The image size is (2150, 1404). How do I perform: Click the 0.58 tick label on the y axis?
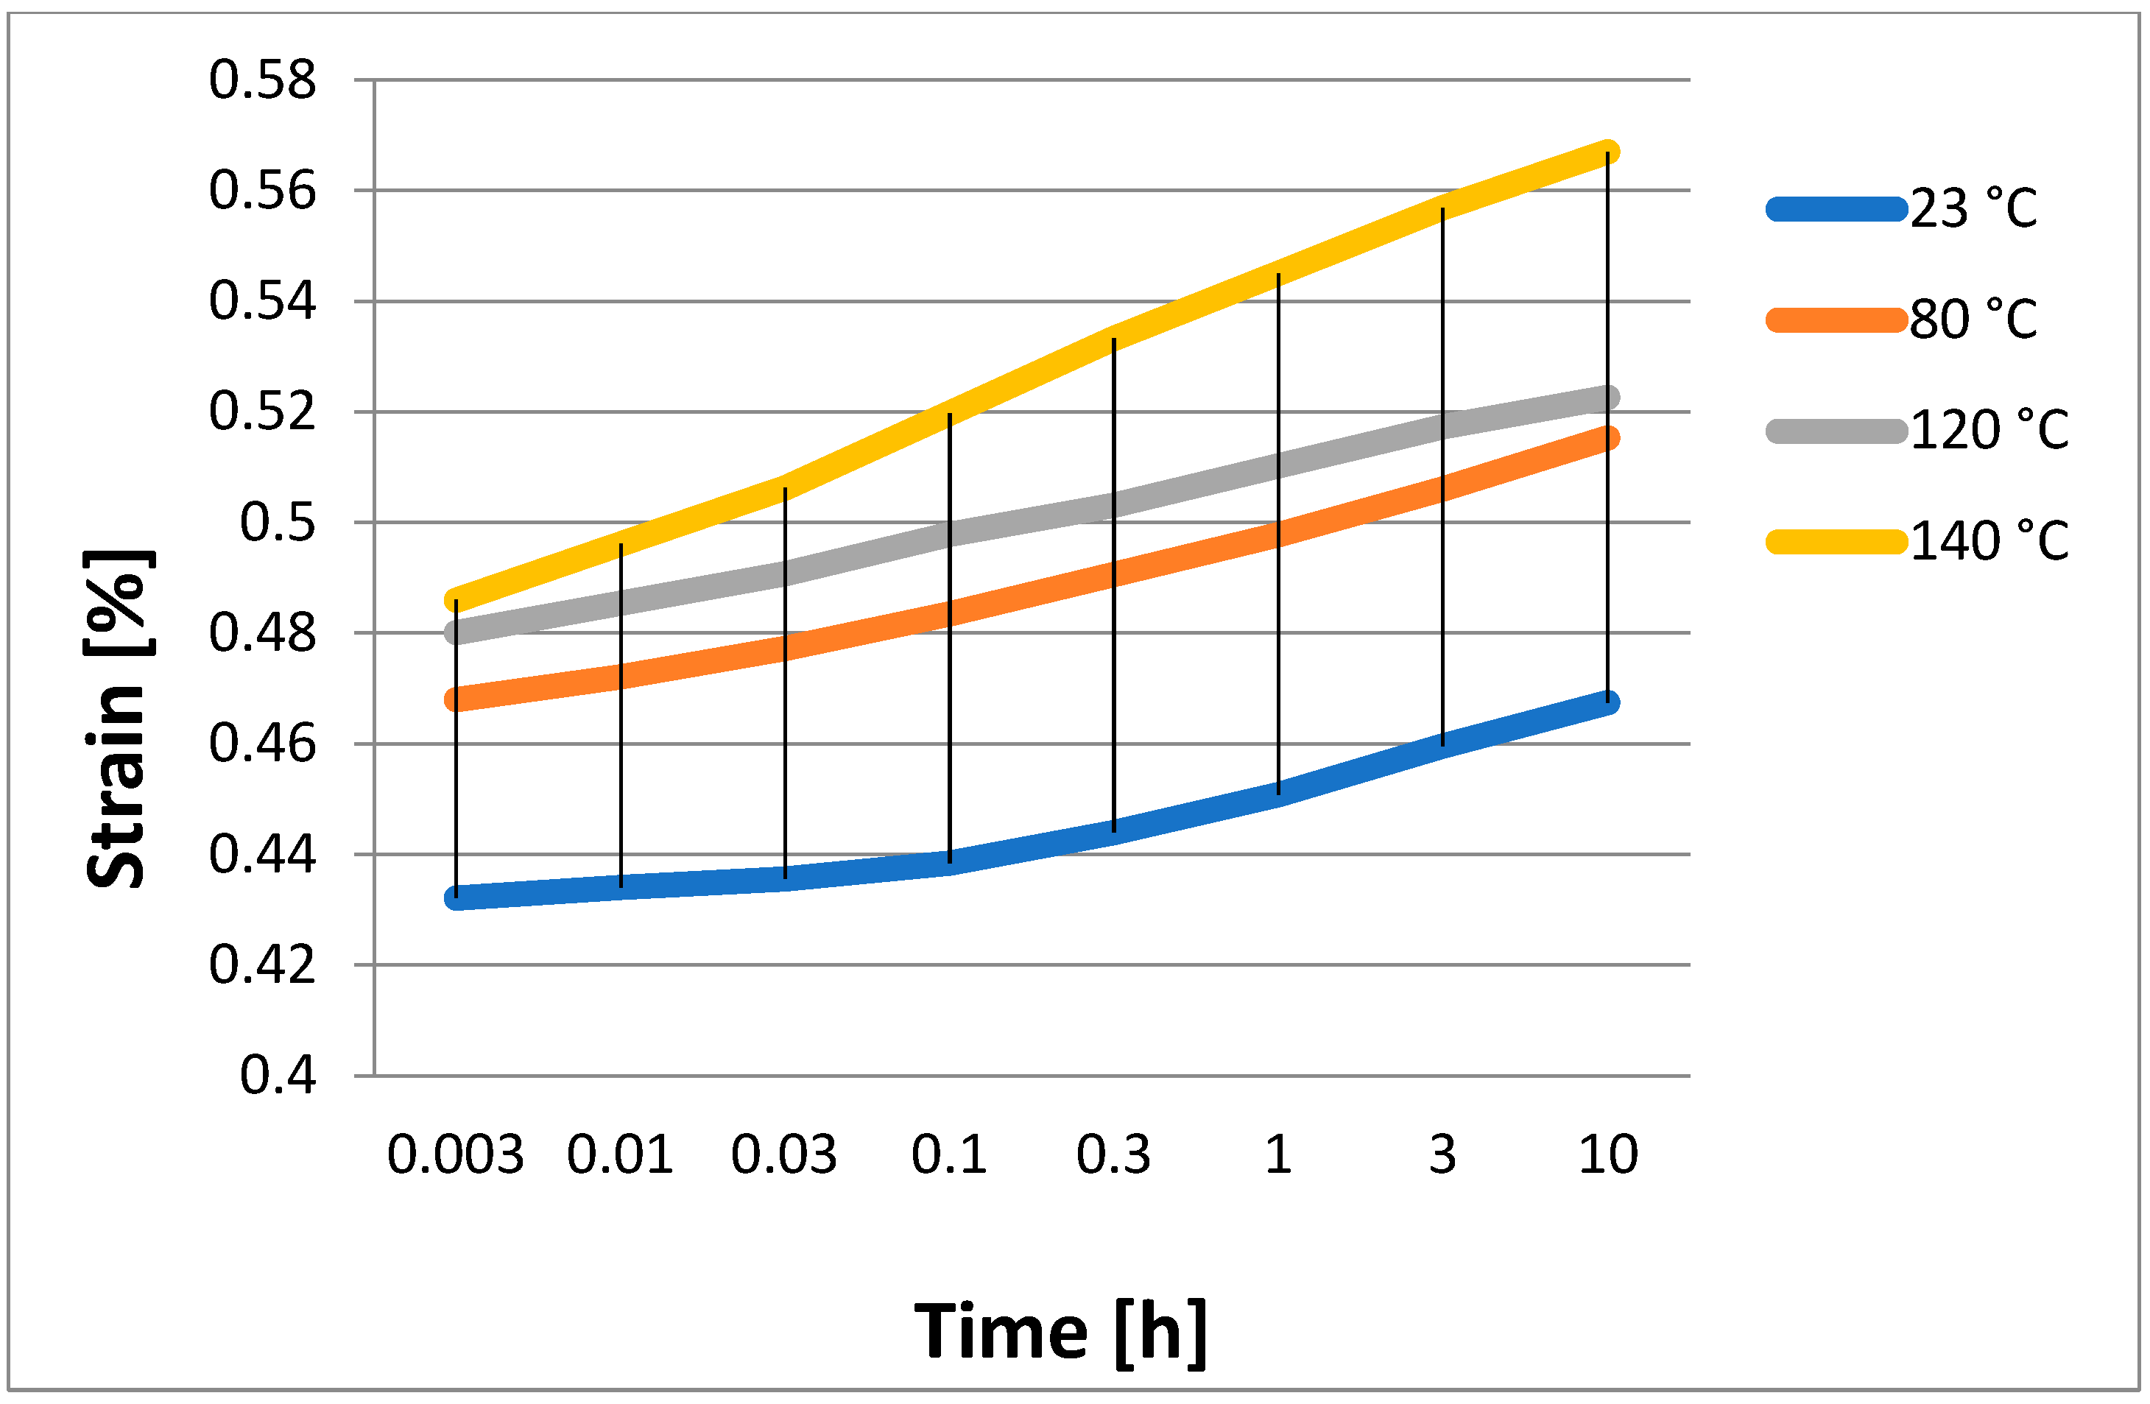pos(262,80)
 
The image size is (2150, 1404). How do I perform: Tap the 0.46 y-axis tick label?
pos(262,744)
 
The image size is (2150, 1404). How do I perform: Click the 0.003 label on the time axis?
pos(455,1154)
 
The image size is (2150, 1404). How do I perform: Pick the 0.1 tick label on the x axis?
pos(948,1154)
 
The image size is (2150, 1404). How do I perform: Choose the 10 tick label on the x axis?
pos(1608,1154)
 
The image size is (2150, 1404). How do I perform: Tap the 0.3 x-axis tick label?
pos(1113,1154)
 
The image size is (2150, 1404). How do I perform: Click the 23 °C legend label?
pos(1974,208)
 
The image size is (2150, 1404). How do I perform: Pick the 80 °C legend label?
pos(1974,319)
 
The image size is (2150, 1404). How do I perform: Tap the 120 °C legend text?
pos(1989,430)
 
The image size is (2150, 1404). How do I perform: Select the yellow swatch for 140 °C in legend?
pos(1836,541)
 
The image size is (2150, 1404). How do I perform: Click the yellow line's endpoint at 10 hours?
pos(1608,151)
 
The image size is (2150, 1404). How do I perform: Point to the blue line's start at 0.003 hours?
pos(457,898)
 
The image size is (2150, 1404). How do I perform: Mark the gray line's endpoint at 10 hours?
pos(1608,398)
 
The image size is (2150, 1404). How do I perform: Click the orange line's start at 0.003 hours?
pos(457,699)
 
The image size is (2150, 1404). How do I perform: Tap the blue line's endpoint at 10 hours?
pos(1608,702)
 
